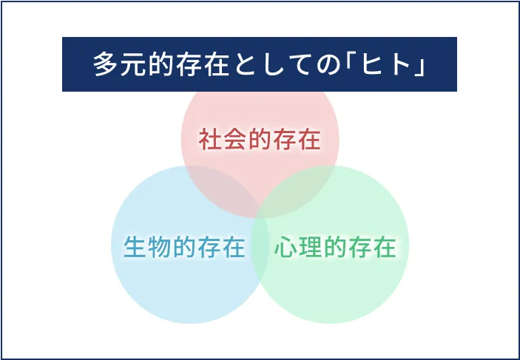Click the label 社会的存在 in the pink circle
tap(260, 140)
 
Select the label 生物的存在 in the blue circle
tap(184, 247)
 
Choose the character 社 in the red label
tap(210, 140)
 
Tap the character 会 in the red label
tap(234, 140)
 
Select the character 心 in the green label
tap(286, 247)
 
